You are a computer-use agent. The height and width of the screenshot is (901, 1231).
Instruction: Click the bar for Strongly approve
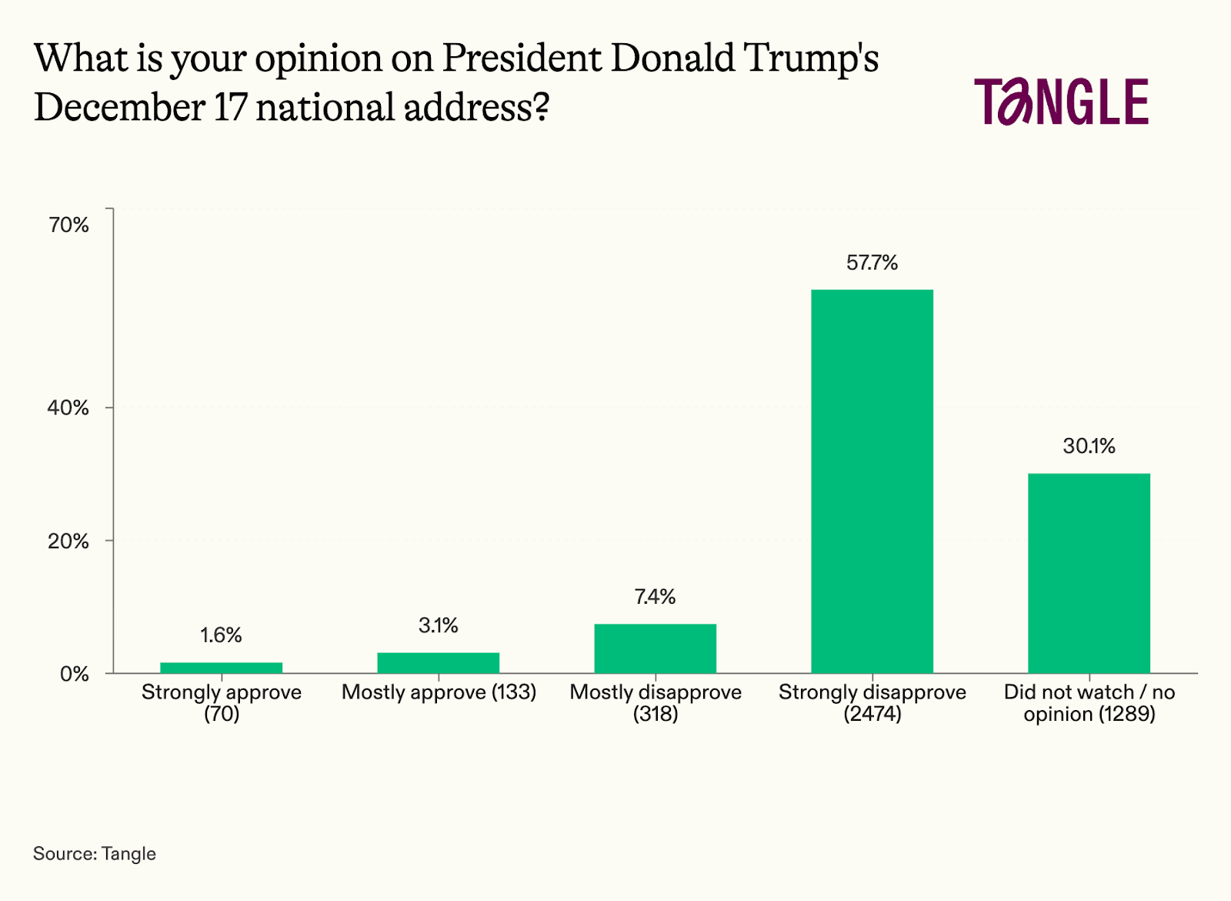221,668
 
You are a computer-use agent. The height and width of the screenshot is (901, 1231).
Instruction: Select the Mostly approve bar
438,663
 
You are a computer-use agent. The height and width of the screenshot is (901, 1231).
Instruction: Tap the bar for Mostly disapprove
655,648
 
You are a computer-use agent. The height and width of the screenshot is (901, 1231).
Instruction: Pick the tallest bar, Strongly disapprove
872,481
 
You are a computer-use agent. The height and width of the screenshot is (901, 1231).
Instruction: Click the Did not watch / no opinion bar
1089,573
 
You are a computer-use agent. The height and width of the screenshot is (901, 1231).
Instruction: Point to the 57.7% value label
872,263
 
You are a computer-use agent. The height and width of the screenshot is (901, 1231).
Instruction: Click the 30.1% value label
1089,447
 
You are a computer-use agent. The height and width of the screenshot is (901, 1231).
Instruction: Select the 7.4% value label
655,597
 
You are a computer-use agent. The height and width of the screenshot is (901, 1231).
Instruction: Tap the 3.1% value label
438,625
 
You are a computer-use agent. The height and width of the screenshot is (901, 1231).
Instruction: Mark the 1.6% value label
221,635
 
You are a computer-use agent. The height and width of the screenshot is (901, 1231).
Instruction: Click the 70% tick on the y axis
68,225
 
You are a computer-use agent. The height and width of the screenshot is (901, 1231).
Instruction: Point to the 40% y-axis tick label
68,408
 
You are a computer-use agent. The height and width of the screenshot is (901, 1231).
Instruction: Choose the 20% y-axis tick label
68,541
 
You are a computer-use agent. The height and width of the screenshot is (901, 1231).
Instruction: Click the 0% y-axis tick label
74,675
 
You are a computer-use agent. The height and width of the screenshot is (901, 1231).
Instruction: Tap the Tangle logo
1061,102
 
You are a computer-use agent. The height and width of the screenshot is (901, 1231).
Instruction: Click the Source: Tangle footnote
95,854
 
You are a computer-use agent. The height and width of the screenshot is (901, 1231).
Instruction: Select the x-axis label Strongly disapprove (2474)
872,702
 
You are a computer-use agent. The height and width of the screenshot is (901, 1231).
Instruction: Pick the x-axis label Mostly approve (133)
439,692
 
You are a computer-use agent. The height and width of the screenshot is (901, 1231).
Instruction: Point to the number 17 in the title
229,107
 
